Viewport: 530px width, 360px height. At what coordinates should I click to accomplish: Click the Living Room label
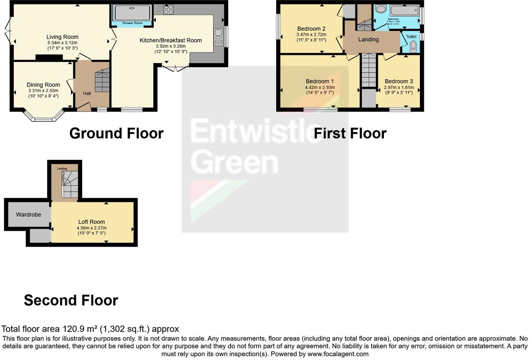(x=62, y=37)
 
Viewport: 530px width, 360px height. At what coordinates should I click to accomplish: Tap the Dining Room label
(x=43, y=85)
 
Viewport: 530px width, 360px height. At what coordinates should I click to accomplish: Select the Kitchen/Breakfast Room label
(x=171, y=40)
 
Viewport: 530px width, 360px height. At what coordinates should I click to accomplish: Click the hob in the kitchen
(x=168, y=9)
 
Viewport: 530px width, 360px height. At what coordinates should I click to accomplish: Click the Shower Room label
(x=132, y=23)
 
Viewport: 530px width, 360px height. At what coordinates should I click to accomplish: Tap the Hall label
(x=87, y=93)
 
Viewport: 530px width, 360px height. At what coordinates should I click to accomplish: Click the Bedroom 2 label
(x=311, y=29)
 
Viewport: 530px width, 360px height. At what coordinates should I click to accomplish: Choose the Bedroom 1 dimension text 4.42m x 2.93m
(x=320, y=88)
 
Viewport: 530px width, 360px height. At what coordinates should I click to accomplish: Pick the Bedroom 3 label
(x=399, y=81)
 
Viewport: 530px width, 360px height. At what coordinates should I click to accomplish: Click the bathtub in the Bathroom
(x=404, y=11)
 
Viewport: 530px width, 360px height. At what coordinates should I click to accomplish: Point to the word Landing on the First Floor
(x=368, y=39)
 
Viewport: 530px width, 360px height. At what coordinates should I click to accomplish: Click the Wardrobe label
(x=29, y=215)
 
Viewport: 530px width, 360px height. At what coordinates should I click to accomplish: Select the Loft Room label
(x=91, y=222)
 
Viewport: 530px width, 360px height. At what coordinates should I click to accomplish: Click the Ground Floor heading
(x=116, y=133)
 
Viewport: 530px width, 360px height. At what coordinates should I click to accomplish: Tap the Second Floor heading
(x=71, y=300)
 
